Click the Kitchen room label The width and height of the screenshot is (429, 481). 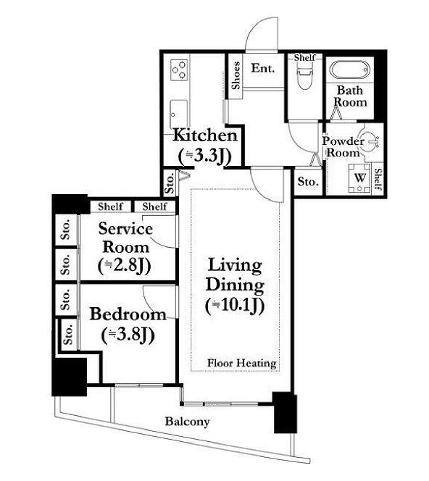coord(205,135)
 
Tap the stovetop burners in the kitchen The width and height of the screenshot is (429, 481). coord(179,70)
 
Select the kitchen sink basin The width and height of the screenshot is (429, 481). coord(179,114)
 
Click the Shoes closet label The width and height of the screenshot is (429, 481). coord(236,75)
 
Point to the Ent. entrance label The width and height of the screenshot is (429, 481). coord(263,68)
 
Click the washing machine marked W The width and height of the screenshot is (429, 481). coord(360,178)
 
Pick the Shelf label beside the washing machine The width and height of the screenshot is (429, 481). coord(378,179)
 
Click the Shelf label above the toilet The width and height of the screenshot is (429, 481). coord(304,57)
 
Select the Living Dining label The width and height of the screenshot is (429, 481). coord(235,275)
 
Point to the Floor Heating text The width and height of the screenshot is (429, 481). coord(242,363)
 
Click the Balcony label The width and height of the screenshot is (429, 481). coord(187,421)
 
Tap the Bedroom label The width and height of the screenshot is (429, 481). coord(128,314)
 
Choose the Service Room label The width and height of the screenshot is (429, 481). coord(125,238)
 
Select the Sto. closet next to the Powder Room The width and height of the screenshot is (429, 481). coord(308,182)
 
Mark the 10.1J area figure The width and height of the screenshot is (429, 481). coord(235,305)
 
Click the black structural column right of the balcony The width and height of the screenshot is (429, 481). coord(285,412)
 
